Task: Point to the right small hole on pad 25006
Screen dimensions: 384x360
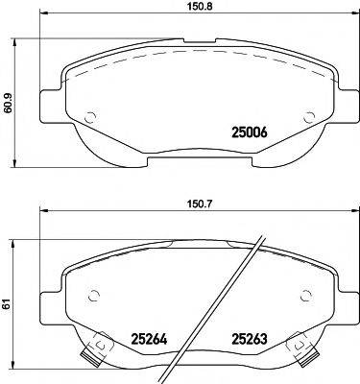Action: pyautogui.click(x=309, y=116)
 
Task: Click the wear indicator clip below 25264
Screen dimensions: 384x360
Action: pyautogui.click(x=94, y=354)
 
